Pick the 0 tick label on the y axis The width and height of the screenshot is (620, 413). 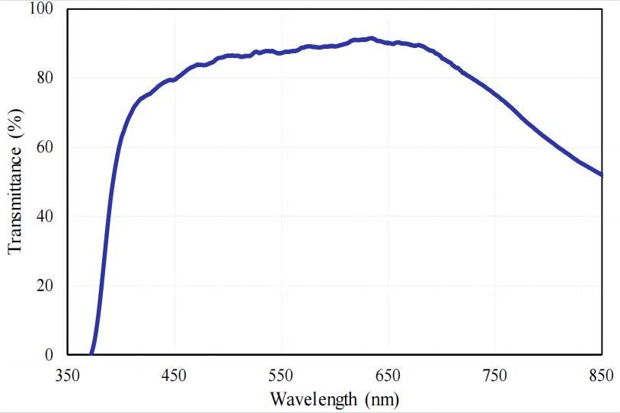50,355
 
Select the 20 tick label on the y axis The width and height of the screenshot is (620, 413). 46,286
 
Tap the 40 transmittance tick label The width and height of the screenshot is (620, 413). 46,216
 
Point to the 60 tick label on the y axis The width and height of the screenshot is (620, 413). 46,147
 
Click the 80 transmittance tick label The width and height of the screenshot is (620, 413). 46,78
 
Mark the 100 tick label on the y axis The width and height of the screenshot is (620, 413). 42,9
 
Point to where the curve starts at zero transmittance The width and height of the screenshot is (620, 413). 91,354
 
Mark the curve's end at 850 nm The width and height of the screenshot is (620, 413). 601,174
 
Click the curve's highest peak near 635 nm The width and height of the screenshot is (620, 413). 371,38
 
